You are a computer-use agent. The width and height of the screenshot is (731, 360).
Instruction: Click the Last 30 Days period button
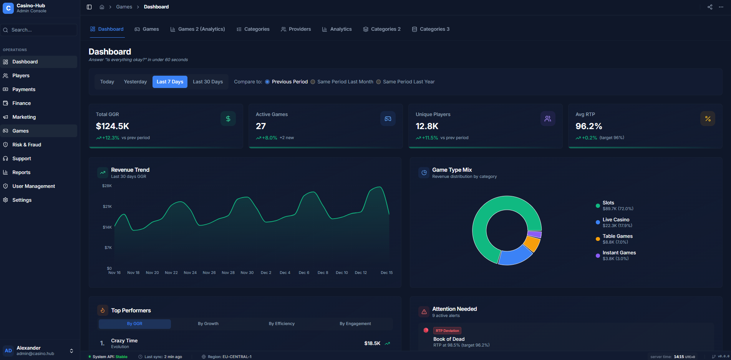coord(208,82)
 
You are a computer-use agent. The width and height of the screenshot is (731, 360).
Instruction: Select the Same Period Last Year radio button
coord(379,82)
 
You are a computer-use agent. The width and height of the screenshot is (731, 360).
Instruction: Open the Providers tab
coord(296,29)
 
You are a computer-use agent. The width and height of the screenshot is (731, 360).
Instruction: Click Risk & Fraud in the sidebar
coord(27,145)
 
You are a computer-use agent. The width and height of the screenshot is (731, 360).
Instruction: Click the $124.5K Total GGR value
coord(113,126)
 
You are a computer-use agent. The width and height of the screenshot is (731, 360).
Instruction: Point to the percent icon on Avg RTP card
coord(708,119)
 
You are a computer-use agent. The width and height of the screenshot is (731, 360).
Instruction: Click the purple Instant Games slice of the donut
coord(534,234)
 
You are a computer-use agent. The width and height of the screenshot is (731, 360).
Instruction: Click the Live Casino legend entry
coord(615,220)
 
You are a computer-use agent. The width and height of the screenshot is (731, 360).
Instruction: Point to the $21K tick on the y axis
coord(107,207)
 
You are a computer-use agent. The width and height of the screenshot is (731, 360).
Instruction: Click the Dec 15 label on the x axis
coord(386,273)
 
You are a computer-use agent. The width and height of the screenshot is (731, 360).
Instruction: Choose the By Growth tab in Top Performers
coord(208,324)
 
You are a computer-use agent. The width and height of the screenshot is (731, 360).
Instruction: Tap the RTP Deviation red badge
coord(447,331)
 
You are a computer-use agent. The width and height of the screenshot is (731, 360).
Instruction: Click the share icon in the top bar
coord(710,7)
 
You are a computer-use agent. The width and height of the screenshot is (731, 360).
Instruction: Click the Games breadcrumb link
coord(124,7)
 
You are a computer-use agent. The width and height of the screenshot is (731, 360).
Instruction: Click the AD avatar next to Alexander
coord(8,351)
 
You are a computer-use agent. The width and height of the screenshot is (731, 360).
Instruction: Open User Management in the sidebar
coord(33,186)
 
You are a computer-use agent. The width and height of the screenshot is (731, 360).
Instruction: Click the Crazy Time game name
coord(124,341)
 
